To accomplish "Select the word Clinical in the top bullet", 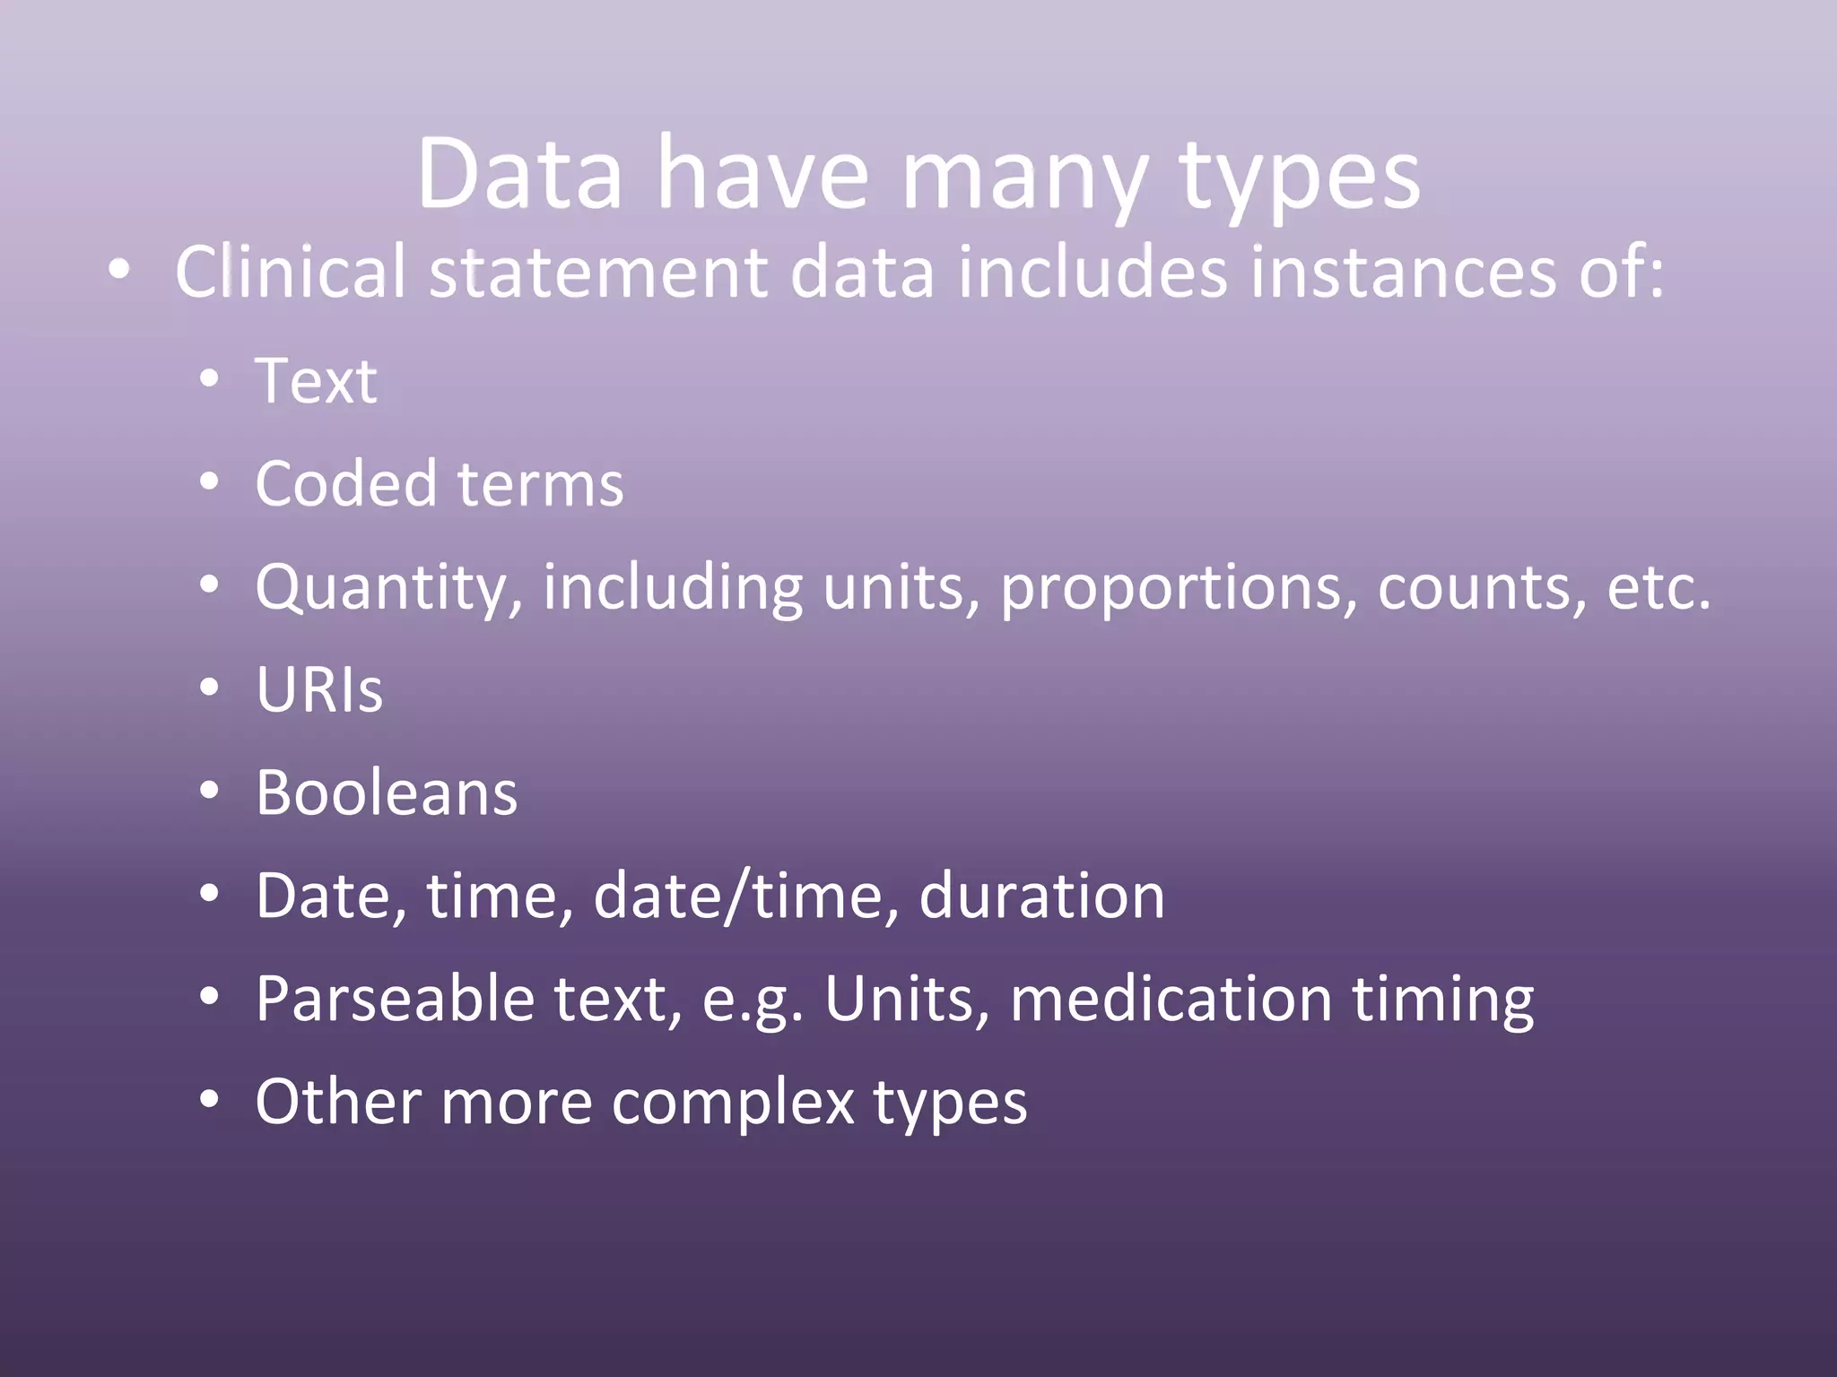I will click(291, 272).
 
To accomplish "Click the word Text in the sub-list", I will click(316, 381).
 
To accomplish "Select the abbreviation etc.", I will click(1659, 588).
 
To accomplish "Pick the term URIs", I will click(319, 690).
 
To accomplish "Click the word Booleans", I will click(387, 793).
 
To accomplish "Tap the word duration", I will click(1041, 896).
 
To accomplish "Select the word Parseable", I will click(395, 999).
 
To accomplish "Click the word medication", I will click(1171, 999).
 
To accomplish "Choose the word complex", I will click(733, 1103).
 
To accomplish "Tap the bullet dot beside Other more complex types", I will click(209, 1100).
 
